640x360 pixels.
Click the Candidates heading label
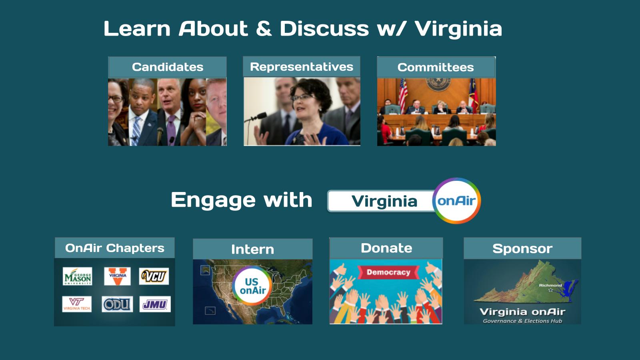point(168,67)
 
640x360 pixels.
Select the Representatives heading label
point(302,67)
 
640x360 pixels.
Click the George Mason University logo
point(78,276)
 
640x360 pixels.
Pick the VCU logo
point(154,276)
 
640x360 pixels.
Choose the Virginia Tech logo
point(77,304)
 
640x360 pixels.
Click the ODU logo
point(118,304)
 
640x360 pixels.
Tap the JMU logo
point(155,304)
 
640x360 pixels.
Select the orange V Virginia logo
point(118,276)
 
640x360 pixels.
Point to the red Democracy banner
point(388,272)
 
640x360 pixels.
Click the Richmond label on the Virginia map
point(550,285)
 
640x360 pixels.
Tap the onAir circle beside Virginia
point(456,200)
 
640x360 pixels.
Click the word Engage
point(213,200)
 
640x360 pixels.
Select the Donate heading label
point(386,248)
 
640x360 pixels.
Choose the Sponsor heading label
point(522,248)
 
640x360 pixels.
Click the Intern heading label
point(252,250)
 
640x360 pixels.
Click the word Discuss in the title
point(324,28)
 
